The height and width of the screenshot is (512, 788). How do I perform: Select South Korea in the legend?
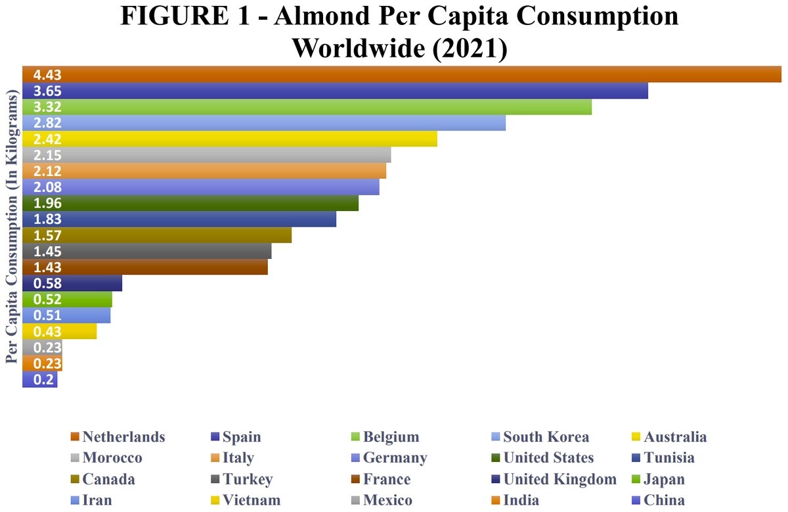(546, 437)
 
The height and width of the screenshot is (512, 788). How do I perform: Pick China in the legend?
(664, 500)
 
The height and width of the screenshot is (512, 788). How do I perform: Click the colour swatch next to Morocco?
(74, 458)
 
